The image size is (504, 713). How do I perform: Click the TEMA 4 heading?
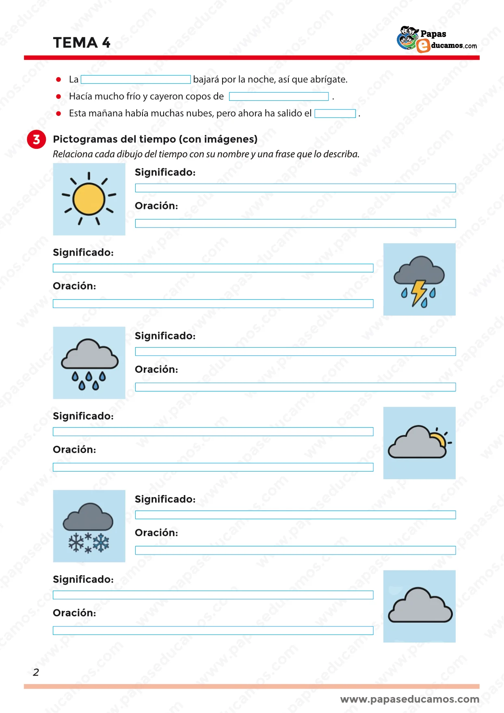point(82,43)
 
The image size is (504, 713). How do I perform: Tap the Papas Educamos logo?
point(437,39)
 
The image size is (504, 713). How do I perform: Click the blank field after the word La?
point(136,80)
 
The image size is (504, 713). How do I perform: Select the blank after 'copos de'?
point(279,97)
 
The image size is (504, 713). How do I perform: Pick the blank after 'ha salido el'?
point(335,114)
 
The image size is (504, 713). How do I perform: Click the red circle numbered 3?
point(37,139)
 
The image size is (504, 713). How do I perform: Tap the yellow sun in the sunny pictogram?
point(89,199)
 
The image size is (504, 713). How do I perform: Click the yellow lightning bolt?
point(418,292)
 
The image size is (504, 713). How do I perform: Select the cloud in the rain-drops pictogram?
point(90,355)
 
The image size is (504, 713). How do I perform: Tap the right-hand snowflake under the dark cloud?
point(101,543)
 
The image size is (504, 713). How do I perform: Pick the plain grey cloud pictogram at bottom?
point(420,606)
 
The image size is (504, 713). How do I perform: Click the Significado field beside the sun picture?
point(295,188)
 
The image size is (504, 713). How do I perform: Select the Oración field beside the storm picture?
point(213,304)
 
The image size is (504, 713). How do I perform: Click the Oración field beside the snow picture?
point(295,550)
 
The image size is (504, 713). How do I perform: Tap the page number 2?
point(36,672)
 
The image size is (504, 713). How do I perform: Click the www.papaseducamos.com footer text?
point(409,699)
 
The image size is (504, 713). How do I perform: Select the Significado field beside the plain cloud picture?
point(213,595)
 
